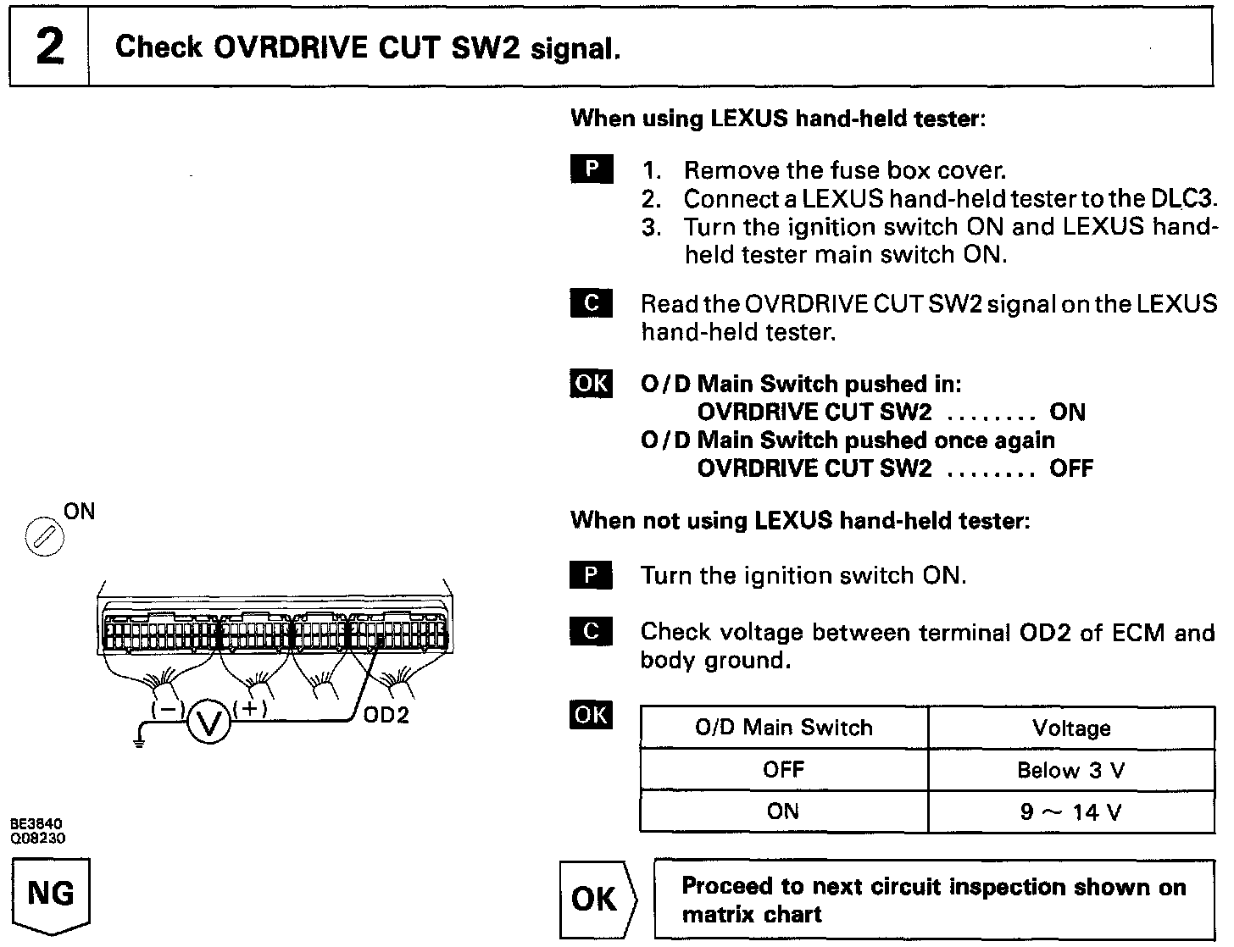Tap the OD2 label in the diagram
tap(386, 716)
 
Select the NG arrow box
tap(51, 895)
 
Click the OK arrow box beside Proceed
tap(596, 900)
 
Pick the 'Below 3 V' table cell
tap(1071, 771)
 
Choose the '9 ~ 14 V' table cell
tap(1071, 812)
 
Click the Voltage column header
tap(1071, 728)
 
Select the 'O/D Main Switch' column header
tap(783, 728)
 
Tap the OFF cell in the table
tap(783, 771)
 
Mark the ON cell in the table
tap(783, 812)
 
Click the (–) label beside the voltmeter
tap(165, 710)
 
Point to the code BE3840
tap(37, 822)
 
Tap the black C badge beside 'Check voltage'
tap(591, 632)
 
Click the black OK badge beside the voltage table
tap(591, 715)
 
